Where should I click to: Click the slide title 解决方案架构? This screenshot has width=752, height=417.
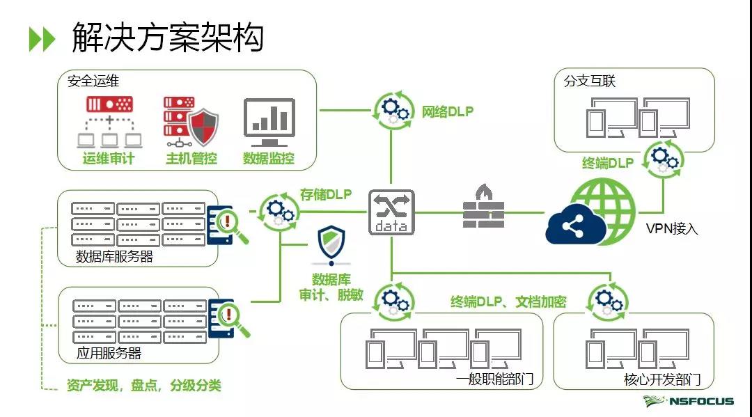167,37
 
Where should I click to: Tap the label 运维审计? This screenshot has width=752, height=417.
108,159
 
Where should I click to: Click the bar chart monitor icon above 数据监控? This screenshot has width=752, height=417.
269,123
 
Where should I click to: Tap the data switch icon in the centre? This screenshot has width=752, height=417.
391,211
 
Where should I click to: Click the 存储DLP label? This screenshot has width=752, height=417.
325,194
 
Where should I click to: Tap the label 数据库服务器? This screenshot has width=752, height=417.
115,256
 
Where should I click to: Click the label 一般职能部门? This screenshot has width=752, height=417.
495,379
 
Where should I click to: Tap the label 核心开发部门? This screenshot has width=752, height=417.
661,379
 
